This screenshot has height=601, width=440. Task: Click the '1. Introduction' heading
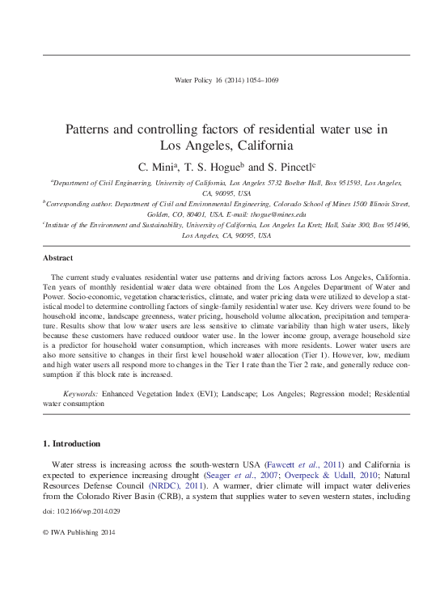tap(71, 443)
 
